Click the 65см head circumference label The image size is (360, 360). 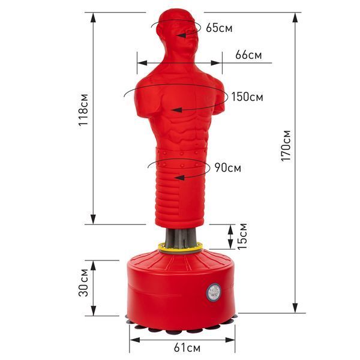tap(219, 28)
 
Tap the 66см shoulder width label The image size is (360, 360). tap(248, 55)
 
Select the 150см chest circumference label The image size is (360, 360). tap(247, 97)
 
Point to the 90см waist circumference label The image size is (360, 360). tap(228, 167)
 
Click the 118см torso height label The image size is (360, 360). tap(83, 110)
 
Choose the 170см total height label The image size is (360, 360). tap(286, 146)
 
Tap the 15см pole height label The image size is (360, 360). tap(242, 236)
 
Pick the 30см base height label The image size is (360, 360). tap(83, 283)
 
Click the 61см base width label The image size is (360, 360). tap(187, 348)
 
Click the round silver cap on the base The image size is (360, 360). tap(214, 292)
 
